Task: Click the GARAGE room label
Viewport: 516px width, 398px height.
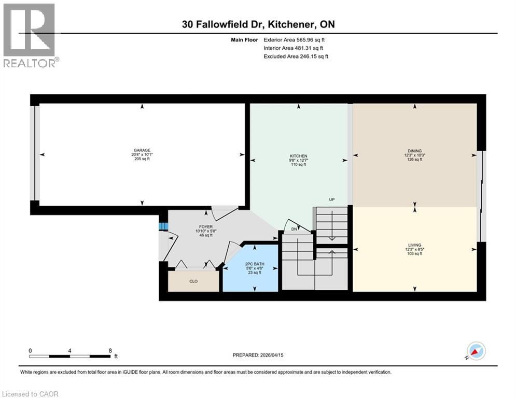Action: pos(142,150)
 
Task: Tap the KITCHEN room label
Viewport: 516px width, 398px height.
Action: pos(298,156)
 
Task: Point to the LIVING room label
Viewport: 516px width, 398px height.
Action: pos(414,245)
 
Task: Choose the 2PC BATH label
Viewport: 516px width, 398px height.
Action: pos(255,264)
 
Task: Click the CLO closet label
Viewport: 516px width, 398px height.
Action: pos(193,281)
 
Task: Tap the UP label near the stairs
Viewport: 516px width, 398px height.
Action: pos(331,199)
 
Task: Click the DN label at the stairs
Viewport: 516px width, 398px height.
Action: pos(294,229)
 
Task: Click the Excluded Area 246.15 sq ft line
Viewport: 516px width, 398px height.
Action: pos(296,56)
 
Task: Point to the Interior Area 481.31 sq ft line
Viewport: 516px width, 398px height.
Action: pos(295,48)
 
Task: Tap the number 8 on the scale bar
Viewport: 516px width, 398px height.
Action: pos(110,350)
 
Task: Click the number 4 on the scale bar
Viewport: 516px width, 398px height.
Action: pos(70,350)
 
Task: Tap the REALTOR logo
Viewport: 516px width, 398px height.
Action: pos(30,35)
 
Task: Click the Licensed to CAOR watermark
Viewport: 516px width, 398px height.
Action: pos(30,394)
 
